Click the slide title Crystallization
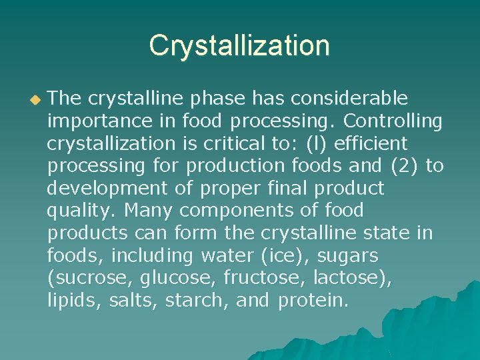point(239,45)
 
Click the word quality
point(81,211)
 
